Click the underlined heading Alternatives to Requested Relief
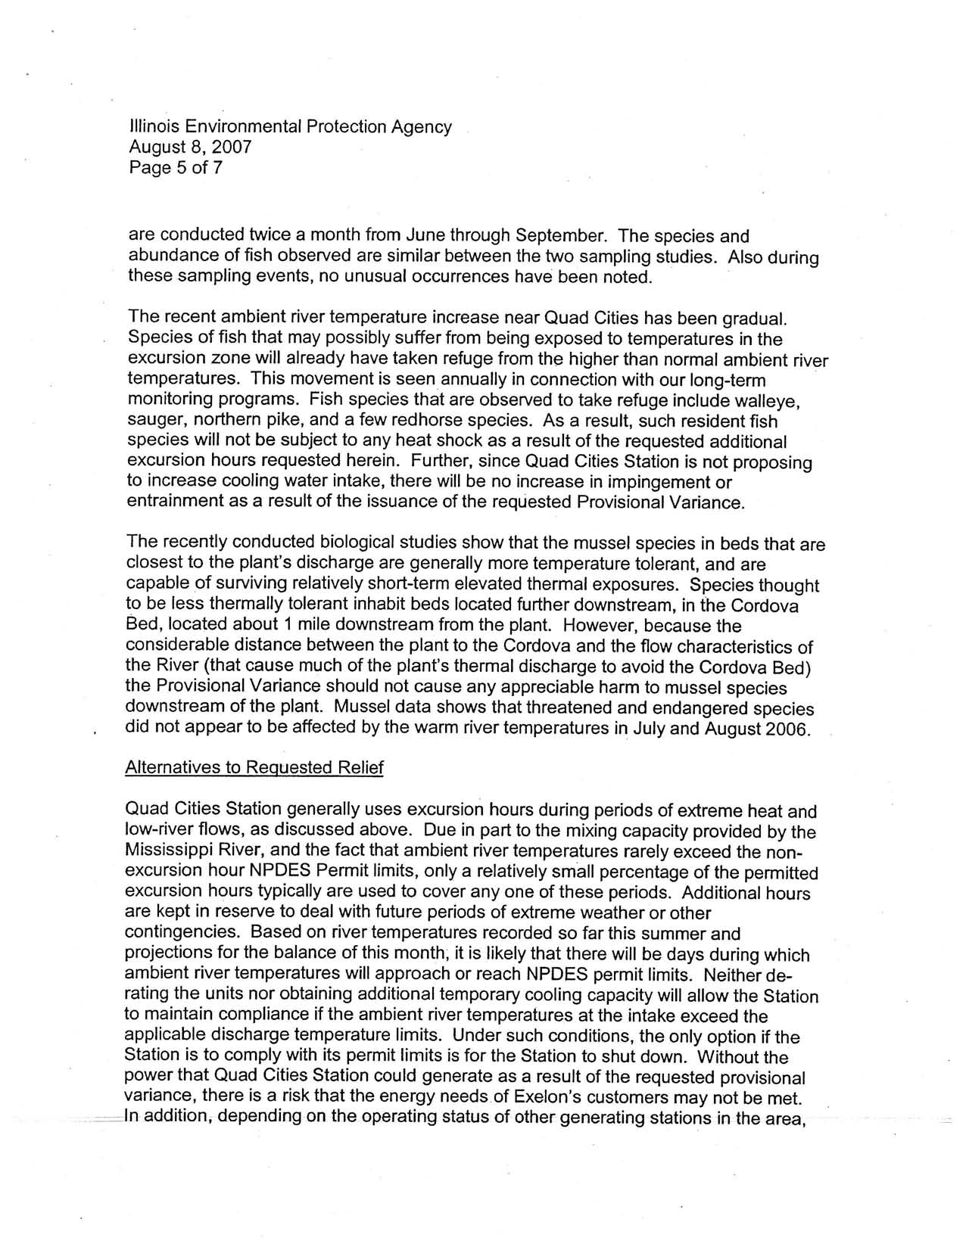254,768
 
